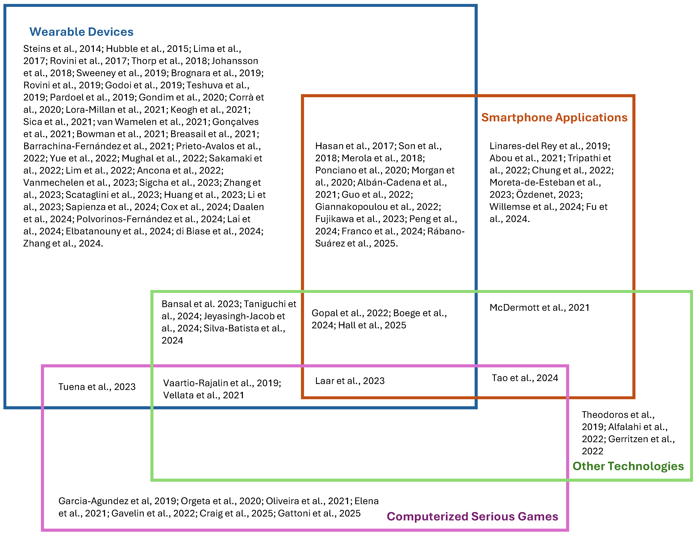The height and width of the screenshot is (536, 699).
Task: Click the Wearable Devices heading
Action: point(81,32)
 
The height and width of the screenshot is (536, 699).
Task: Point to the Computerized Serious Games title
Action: point(472,516)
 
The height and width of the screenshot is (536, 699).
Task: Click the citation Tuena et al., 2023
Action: point(97,387)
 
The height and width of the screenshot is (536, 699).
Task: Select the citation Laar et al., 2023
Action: point(350,381)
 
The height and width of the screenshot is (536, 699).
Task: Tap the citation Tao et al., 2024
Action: point(525,378)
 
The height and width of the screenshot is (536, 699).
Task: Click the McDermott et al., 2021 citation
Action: point(539,308)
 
